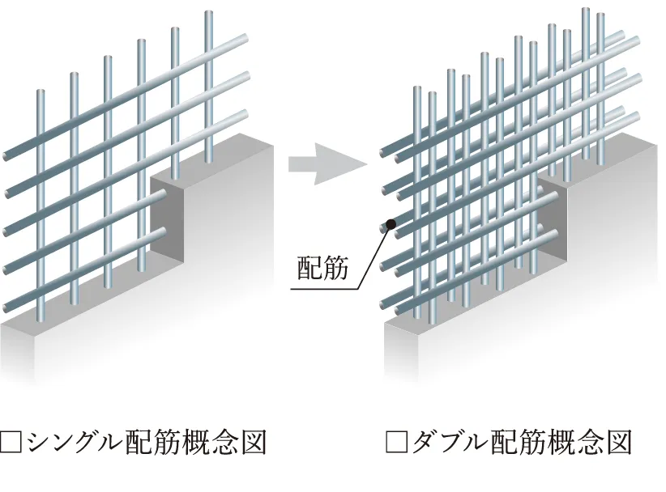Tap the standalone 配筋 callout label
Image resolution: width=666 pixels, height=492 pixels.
[322, 269]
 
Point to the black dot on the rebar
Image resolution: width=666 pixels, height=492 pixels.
[390, 224]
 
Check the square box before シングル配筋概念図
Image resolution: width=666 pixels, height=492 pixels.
[11, 443]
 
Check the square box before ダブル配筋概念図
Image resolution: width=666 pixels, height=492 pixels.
[396, 443]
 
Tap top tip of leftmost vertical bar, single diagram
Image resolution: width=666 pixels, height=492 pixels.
[41, 93]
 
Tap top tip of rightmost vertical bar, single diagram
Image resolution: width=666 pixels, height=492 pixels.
[208, 15]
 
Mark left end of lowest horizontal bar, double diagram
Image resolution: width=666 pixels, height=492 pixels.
[385, 308]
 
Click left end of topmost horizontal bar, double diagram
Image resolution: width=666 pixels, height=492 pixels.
[382, 151]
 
